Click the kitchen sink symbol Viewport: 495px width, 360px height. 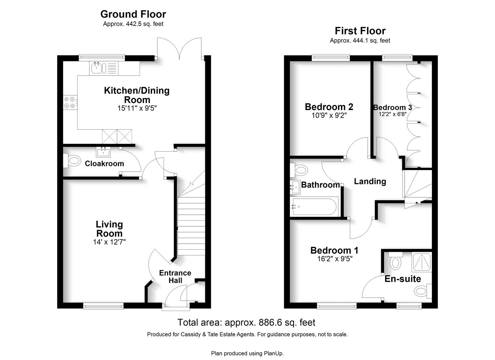tap(104, 68)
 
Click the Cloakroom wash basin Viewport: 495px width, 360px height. tap(103, 152)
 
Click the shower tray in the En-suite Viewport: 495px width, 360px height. tap(422, 263)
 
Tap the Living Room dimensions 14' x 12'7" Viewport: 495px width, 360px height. tap(109, 242)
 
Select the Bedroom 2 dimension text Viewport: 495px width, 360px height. tap(329, 115)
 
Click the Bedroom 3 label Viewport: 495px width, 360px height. tap(392, 107)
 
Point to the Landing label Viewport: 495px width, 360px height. tap(370, 181)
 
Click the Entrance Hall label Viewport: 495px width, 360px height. tap(175, 277)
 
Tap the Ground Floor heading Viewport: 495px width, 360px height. tap(133, 14)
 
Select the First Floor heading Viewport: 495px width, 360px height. tap(360, 31)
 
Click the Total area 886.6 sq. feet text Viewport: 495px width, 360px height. tap(246, 322)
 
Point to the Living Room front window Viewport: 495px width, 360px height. tap(103, 306)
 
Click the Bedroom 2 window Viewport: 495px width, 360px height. tap(331, 58)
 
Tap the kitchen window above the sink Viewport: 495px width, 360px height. tap(102, 58)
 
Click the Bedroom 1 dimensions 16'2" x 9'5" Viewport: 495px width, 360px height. tap(335, 259)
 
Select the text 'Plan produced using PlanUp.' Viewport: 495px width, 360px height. tap(247, 353)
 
